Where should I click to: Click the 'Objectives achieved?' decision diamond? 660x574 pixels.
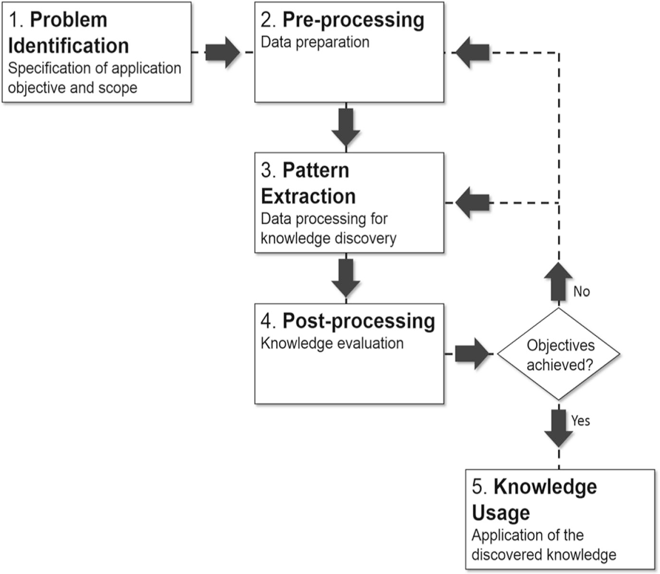click(558, 354)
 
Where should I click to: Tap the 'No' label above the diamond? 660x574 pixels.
click(581, 292)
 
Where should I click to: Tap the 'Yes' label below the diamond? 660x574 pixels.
click(580, 421)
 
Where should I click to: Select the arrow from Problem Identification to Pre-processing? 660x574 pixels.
click(222, 52)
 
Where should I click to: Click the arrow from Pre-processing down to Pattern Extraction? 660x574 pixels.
click(346, 126)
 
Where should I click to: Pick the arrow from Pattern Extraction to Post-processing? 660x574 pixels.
click(346, 277)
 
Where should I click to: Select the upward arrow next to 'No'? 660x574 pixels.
click(558, 282)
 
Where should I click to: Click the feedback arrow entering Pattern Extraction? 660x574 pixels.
click(472, 203)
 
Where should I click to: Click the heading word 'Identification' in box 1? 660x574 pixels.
click(69, 46)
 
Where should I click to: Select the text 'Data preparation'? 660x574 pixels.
click(315, 42)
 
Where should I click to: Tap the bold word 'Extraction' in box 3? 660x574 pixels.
click(308, 196)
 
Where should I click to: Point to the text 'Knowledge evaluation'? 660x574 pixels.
click(332, 343)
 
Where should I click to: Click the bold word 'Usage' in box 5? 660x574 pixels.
click(501, 513)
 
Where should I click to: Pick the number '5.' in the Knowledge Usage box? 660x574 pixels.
click(480, 487)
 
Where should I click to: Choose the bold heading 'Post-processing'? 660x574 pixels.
click(359, 321)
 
